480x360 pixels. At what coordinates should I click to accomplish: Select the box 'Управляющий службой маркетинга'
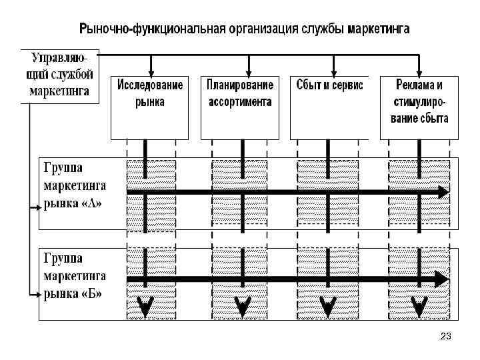tap(59, 75)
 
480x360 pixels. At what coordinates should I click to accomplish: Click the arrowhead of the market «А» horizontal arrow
tap(443, 192)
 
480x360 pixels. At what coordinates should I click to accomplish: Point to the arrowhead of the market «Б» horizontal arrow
tap(443, 278)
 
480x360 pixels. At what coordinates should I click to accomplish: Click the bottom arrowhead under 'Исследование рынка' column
tap(144, 307)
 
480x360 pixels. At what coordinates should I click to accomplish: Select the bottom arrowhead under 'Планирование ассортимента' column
tap(243, 307)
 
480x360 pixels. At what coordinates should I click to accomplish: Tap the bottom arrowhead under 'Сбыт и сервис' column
tap(329, 307)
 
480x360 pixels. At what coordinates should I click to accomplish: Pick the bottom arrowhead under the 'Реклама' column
tap(419, 307)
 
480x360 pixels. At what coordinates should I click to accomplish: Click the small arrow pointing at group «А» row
tap(35, 208)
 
